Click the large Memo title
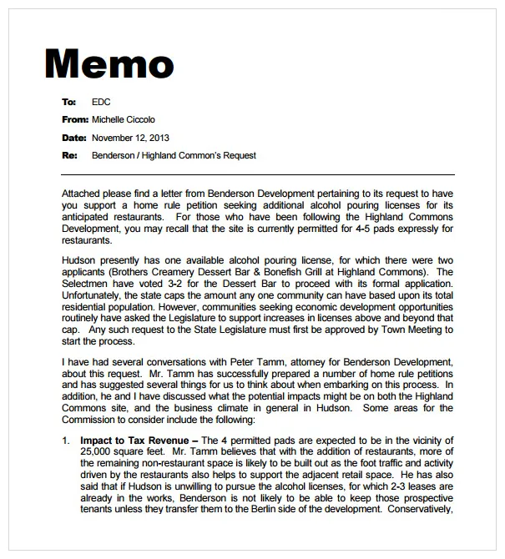click(109, 64)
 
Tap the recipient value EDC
click(101, 102)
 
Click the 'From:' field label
click(74, 120)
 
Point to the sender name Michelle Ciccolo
click(123, 120)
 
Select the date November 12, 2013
click(130, 138)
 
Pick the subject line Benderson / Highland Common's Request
click(174, 156)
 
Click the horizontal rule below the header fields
click(258, 174)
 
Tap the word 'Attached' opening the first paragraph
click(81, 194)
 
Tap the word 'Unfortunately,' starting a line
click(92, 295)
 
